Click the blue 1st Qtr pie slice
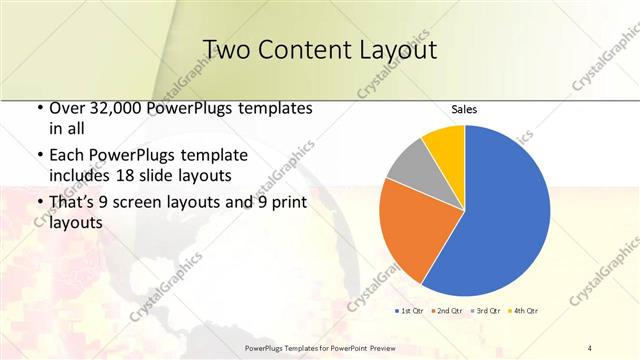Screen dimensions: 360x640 click(505, 210)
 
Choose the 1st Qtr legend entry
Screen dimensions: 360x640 click(410, 312)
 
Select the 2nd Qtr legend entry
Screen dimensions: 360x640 click(445, 312)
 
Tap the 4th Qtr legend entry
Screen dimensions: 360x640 click(522, 312)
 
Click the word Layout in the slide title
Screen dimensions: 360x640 click(395, 50)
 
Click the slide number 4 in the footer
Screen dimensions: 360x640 click(589, 347)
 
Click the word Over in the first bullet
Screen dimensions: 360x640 click(69, 108)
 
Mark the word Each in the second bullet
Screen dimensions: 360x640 click(68, 156)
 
